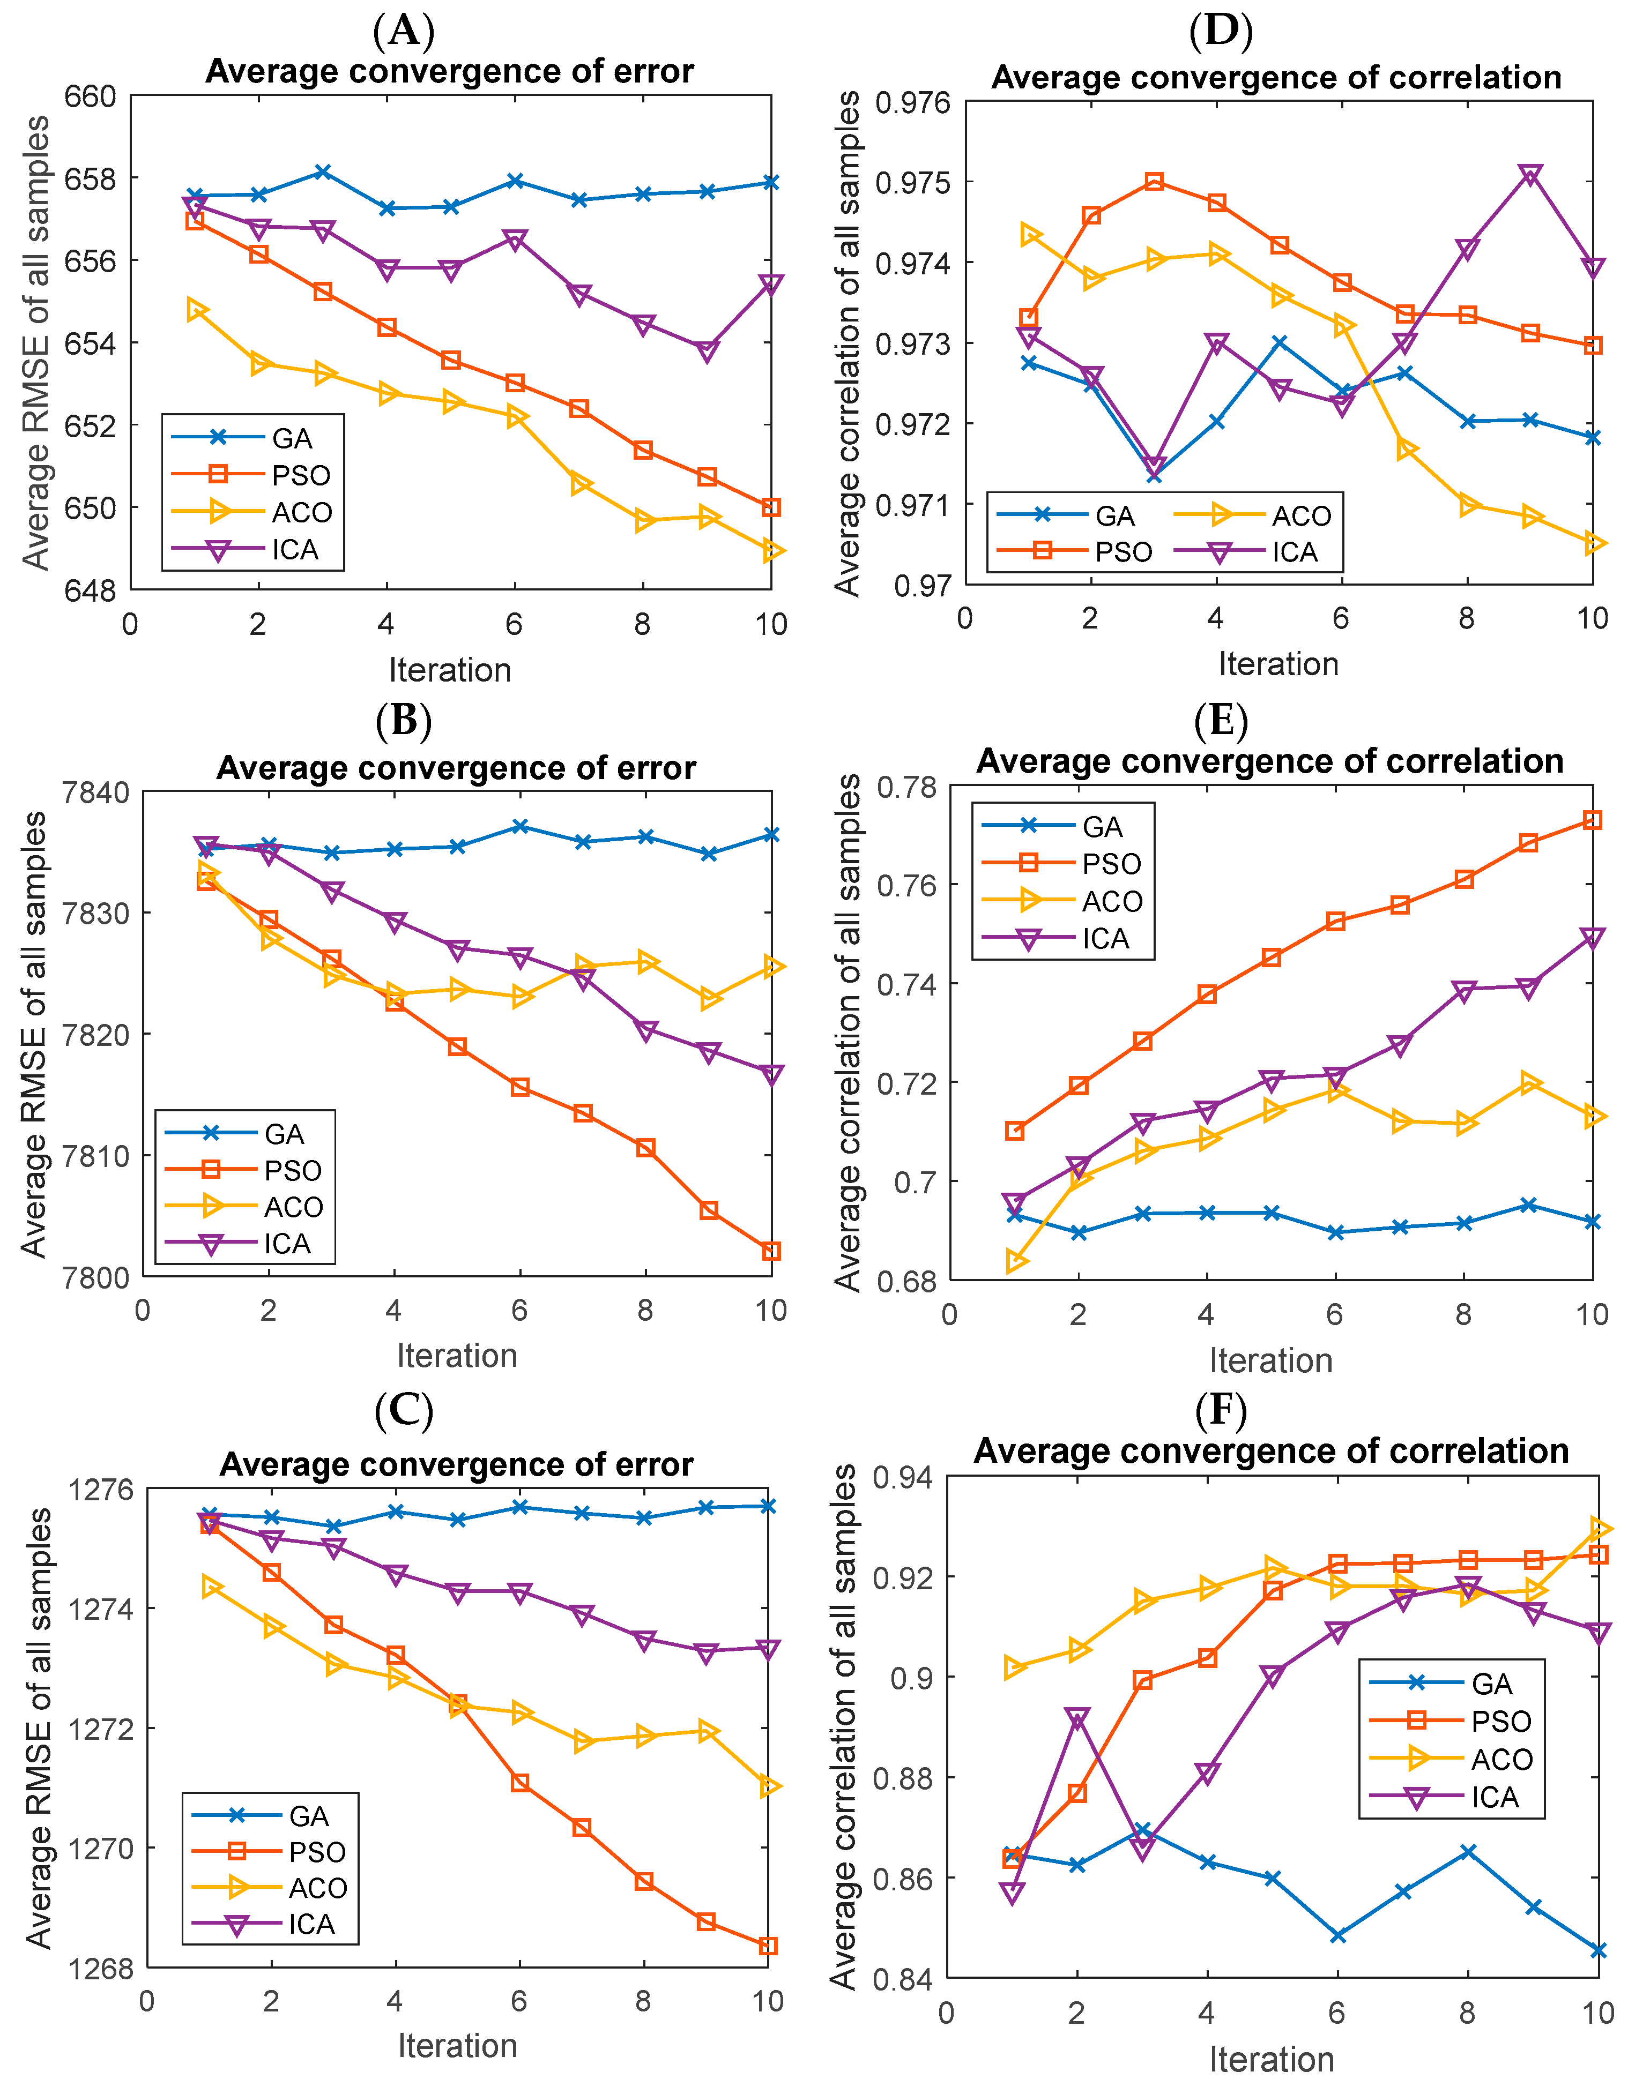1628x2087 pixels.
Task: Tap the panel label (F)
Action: click(1221, 1410)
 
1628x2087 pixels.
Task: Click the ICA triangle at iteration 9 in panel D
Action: click(1530, 175)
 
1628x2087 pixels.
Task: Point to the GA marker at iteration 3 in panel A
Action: click(323, 172)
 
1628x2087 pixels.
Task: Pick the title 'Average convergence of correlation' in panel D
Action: click(1276, 77)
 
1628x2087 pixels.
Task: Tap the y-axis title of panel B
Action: click(34, 1034)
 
